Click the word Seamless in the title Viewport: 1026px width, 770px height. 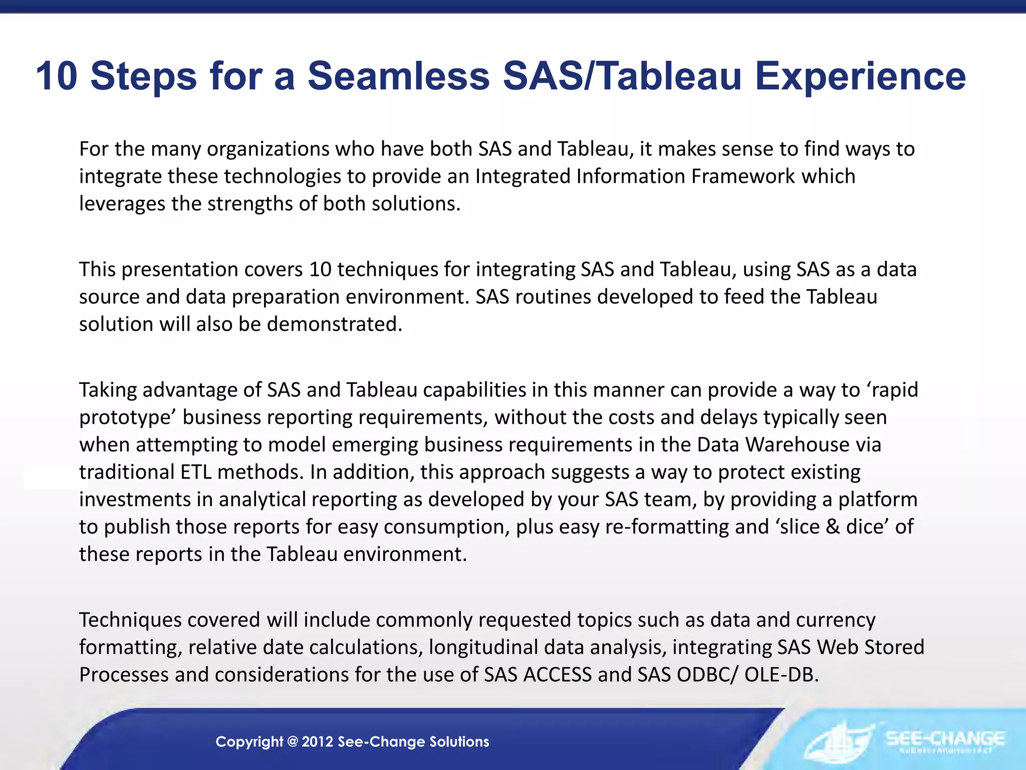pos(398,76)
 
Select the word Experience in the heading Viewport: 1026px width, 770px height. pos(860,76)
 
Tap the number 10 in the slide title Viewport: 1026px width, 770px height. pos(57,76)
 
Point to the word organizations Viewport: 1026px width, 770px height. pos(269,149)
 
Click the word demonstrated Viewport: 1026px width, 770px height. pos(334,324)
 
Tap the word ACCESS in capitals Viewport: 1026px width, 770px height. pos(557,675)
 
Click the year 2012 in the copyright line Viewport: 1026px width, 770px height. pos(318,742)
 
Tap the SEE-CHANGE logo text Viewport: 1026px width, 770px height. pos(945,738)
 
